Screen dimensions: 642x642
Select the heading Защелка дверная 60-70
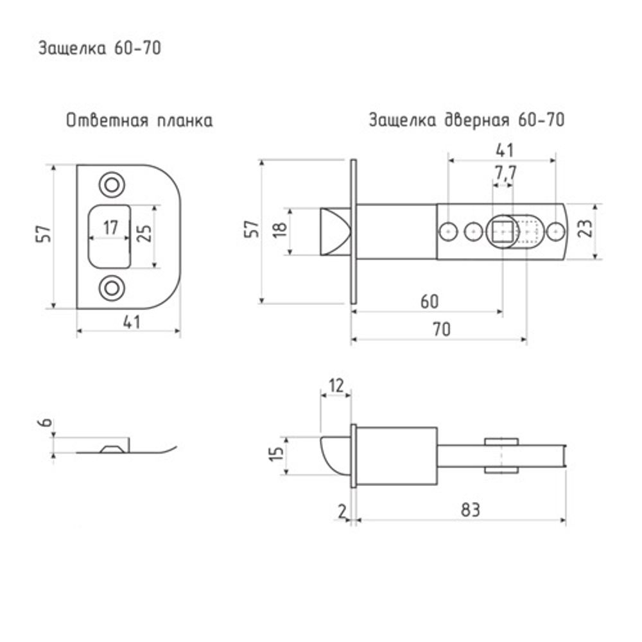[466, 121]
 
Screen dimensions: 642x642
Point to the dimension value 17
[110, 227]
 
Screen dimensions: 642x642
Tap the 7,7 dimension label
[505, 172]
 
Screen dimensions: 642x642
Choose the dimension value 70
[440, 329]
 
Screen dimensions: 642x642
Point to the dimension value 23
[584, 230]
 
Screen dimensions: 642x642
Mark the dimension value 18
[277, 230]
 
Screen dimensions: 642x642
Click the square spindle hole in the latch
[502, 230]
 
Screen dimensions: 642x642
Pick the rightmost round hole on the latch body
[555, 230]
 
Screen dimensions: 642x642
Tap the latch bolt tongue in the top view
[334, 230]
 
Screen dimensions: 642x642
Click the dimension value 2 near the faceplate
[342, 510]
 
